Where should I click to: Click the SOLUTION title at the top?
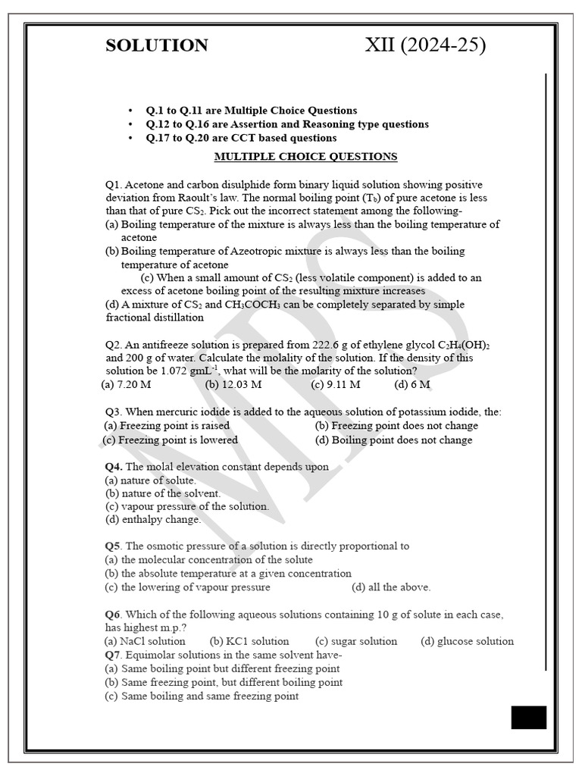coord(157,45)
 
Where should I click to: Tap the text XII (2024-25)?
coord(425,45)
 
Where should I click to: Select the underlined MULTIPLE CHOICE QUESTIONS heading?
coord(305,157)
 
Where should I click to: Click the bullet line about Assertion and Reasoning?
coord(287,124)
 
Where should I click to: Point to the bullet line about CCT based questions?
coord(241,138)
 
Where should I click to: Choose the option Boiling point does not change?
coord(393,440)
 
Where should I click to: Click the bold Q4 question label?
coord(114,467)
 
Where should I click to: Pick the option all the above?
coord(391,587)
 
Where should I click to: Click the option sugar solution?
coord(356,641)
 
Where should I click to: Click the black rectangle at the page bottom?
coord(528,717)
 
